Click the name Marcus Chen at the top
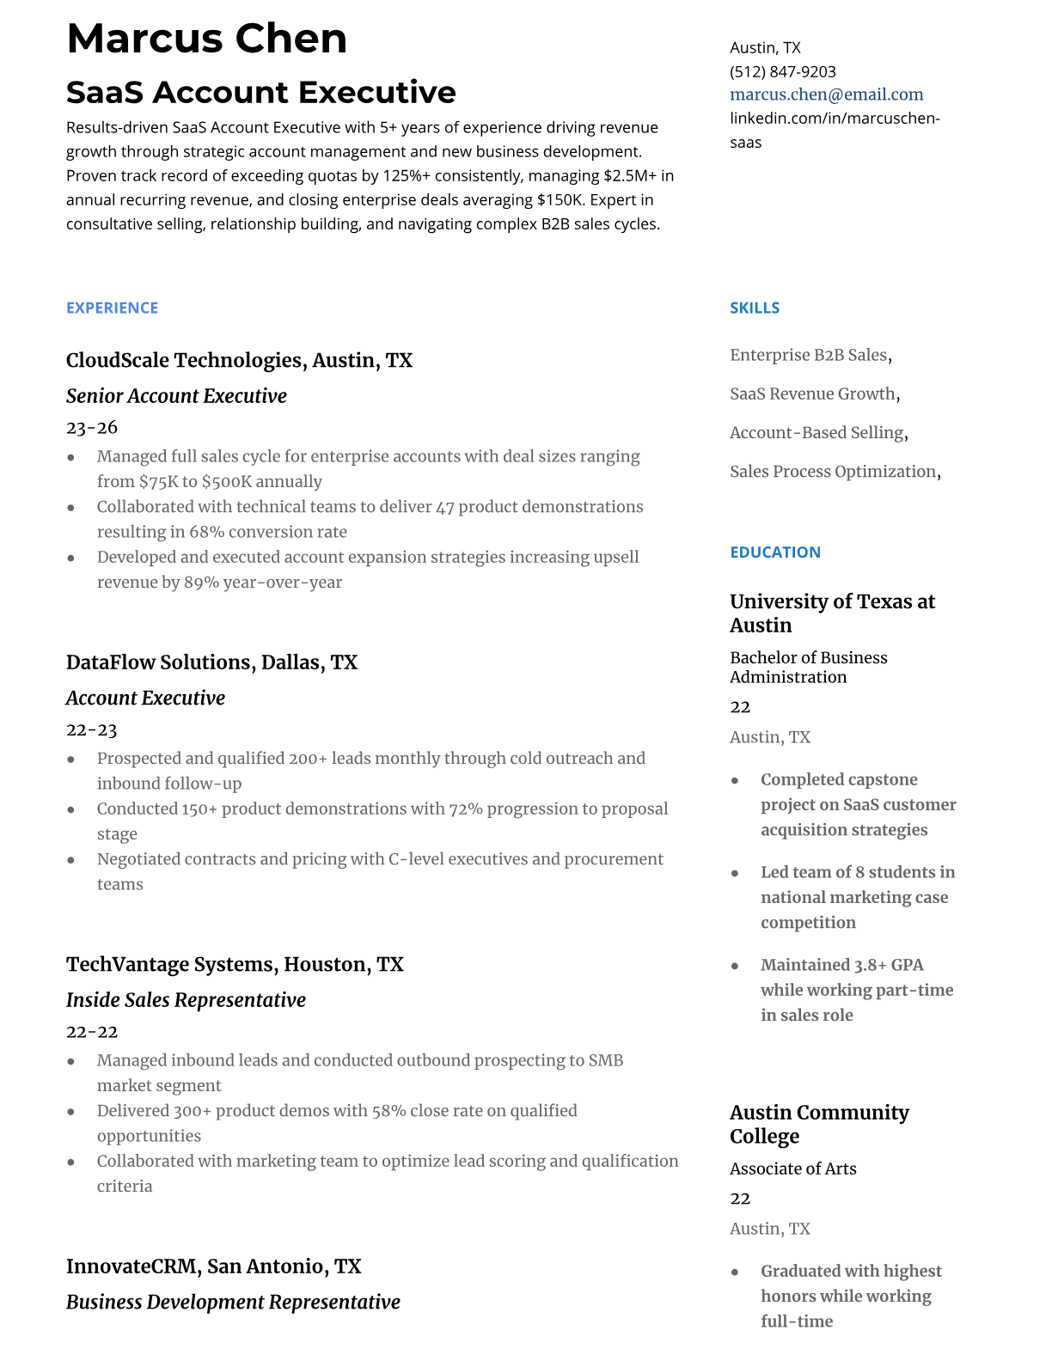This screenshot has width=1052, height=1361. (x=206, y=39)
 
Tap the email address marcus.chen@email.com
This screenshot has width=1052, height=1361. (x=826, y=95)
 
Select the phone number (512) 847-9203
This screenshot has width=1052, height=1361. (x=782, y=71)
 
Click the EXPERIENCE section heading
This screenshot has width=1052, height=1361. (x=112, y=308)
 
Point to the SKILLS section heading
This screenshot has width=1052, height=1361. (x=754, y=308)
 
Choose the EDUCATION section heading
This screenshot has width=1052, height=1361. (x=774, y=552)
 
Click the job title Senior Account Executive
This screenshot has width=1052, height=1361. (x=176, y=396)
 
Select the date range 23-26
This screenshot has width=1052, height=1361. (x=91, y=427)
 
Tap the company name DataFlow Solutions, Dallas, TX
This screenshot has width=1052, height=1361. (x=211, y=662)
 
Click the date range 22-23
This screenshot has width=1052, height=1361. (x=91, y=729)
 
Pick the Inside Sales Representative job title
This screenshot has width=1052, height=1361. (x=186, y=1000)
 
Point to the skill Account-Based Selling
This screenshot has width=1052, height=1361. (x=817, y=433)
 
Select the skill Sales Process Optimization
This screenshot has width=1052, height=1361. (x=833, y=472)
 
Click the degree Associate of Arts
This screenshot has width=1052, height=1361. (x=792, y=1169)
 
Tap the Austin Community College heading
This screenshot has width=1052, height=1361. (x=818, y=1124)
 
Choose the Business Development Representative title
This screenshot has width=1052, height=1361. (x=233, y=1303)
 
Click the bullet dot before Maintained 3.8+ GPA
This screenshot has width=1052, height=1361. (x=735, y=966)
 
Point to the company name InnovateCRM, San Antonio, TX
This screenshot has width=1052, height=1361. (x=213, y=1266)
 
